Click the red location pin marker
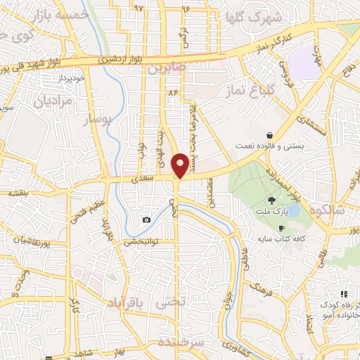[181, 165]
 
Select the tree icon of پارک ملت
[272, 200]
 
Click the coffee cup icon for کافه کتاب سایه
[282, 229]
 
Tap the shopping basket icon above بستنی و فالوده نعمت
[269, 135]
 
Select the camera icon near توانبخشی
[146, 220]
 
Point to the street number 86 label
[172, 93]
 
